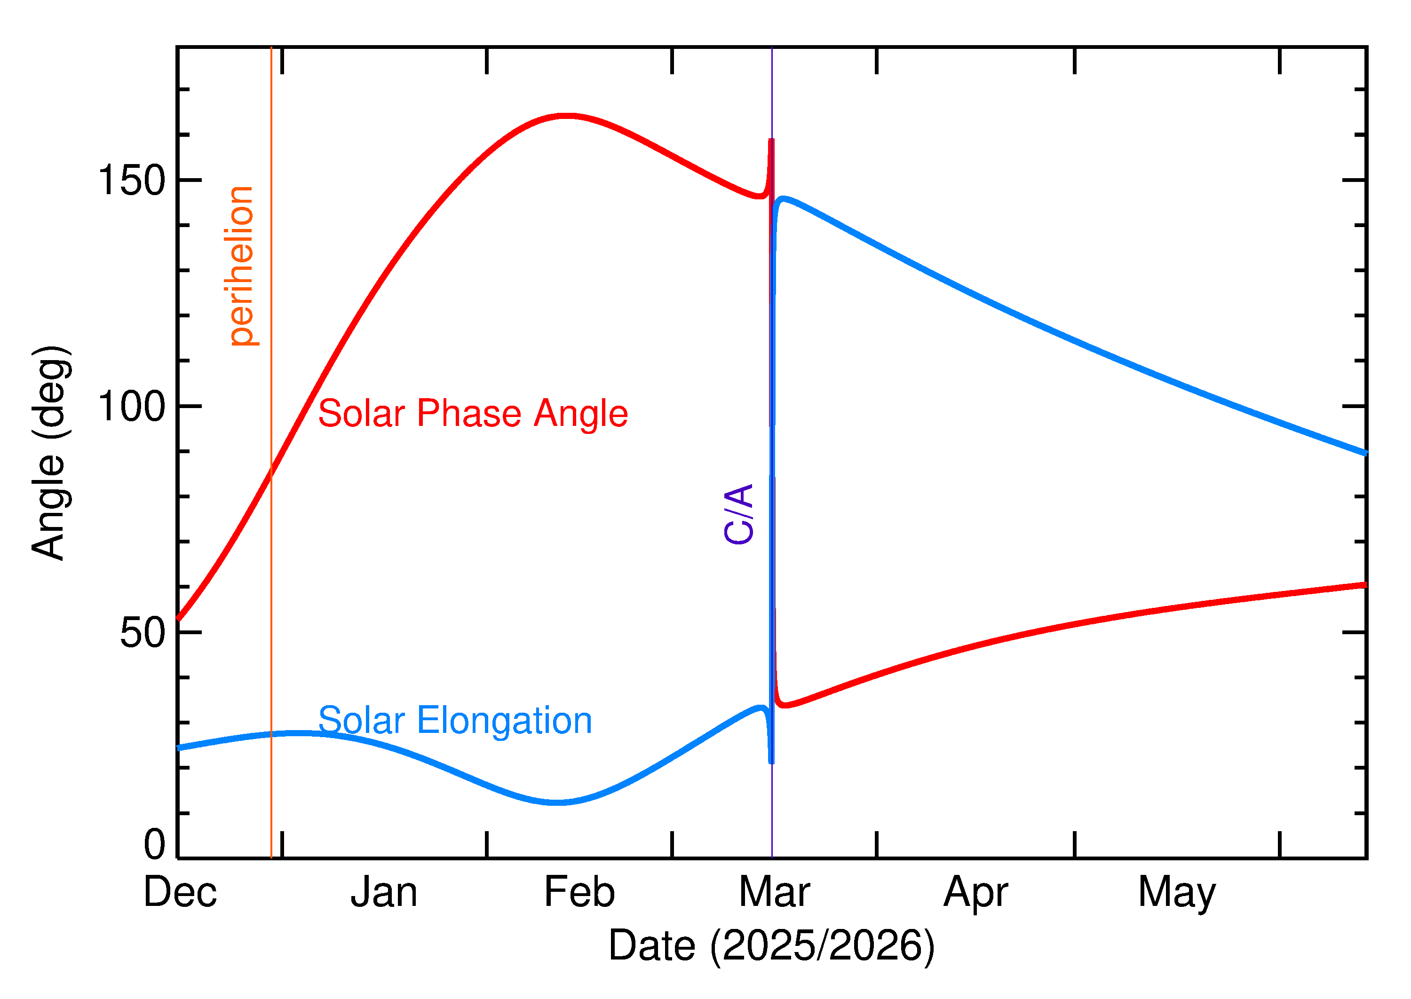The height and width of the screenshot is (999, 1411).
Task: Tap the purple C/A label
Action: pyautogui.click(x=739, y=514)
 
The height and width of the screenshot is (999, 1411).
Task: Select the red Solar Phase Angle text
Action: pyautogui.click(x=473, y=413)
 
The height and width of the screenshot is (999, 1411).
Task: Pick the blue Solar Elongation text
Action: pyautogui.click(x=455, y=721)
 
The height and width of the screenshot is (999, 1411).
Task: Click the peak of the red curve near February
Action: pyautogui.click(x=566, y=116)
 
